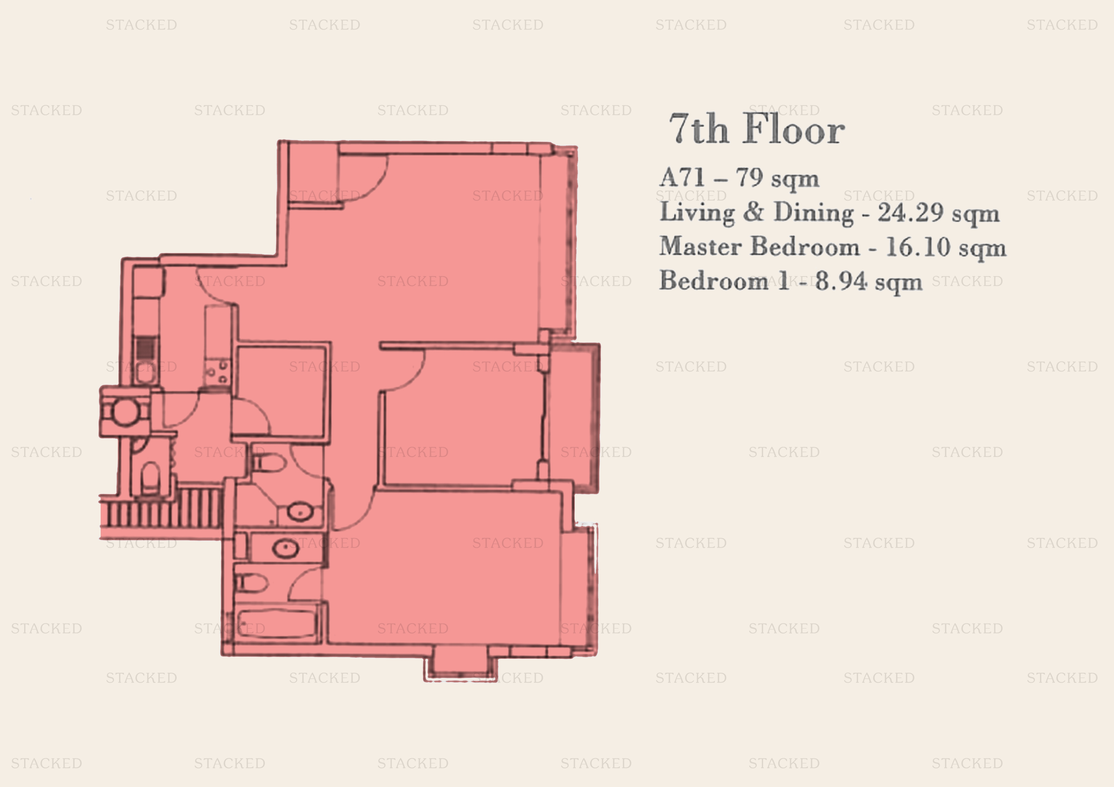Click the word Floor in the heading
coord(794,129)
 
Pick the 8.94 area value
coord(841,281)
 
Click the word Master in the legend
coord(700,247)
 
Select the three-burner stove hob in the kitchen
coord(217,373)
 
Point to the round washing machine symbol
coord(126,412)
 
